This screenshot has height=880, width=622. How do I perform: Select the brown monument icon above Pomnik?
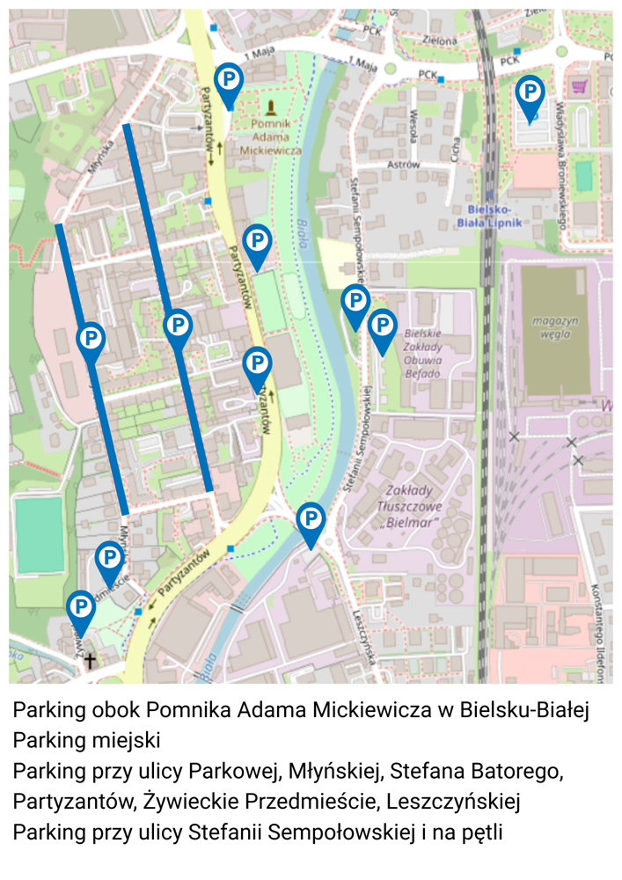(x=270, y=108)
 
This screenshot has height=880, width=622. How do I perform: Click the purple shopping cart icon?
(x=580, y=86)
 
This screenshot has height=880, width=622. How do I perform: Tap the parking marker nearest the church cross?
(x=81, y=607)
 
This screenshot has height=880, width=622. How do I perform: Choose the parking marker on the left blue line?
(x=91, y=339)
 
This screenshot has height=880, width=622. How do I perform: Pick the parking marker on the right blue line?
(x=178, y=326)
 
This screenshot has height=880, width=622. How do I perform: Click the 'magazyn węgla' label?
(x=555, y=326)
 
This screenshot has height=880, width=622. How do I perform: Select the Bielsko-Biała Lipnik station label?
(x=489, y=216)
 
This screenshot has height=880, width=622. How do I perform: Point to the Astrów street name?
(x=404, y=165)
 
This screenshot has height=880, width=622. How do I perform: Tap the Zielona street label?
(x=439, y=40)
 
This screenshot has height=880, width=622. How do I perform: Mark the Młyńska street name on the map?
(x=101, y=157)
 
